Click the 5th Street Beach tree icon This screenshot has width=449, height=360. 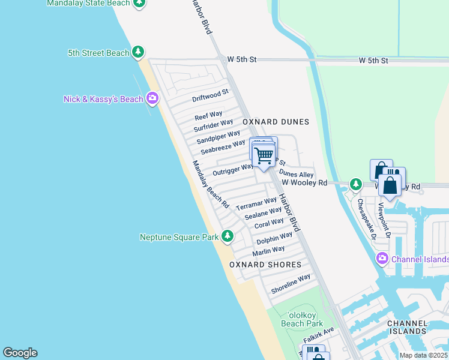[138, 53]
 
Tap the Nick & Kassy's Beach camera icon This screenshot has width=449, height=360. [152, 99]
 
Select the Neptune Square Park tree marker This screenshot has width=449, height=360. [228, 237]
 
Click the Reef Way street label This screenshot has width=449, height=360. [208, 115]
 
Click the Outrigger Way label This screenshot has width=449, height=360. [234, 169]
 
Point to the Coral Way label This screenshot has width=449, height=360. [269, 223]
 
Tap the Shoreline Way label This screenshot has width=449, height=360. [291, 283]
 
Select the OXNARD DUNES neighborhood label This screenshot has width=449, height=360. [276, 122]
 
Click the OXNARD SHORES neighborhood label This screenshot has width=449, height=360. [264, 265]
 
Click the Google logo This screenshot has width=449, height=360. [20, 353]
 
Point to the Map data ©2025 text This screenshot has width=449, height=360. [423, 355]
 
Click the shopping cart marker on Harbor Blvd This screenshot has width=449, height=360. [264, 155]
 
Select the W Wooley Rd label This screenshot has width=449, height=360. [304, 182]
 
